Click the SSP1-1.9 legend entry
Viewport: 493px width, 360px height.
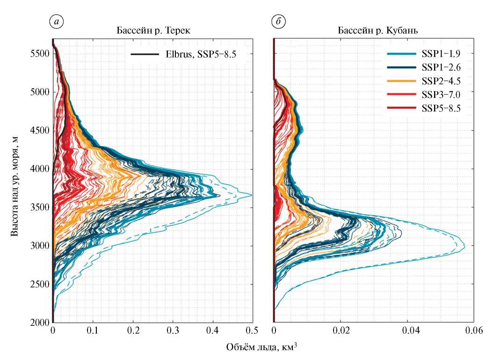tap(433, 54)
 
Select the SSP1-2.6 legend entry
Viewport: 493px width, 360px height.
tap(433, 67)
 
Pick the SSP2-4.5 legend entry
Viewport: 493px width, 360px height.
tap(433, 81)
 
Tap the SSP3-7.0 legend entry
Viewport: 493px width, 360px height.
tap(433, 95)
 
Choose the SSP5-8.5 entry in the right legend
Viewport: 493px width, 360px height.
tap(433, 108)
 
